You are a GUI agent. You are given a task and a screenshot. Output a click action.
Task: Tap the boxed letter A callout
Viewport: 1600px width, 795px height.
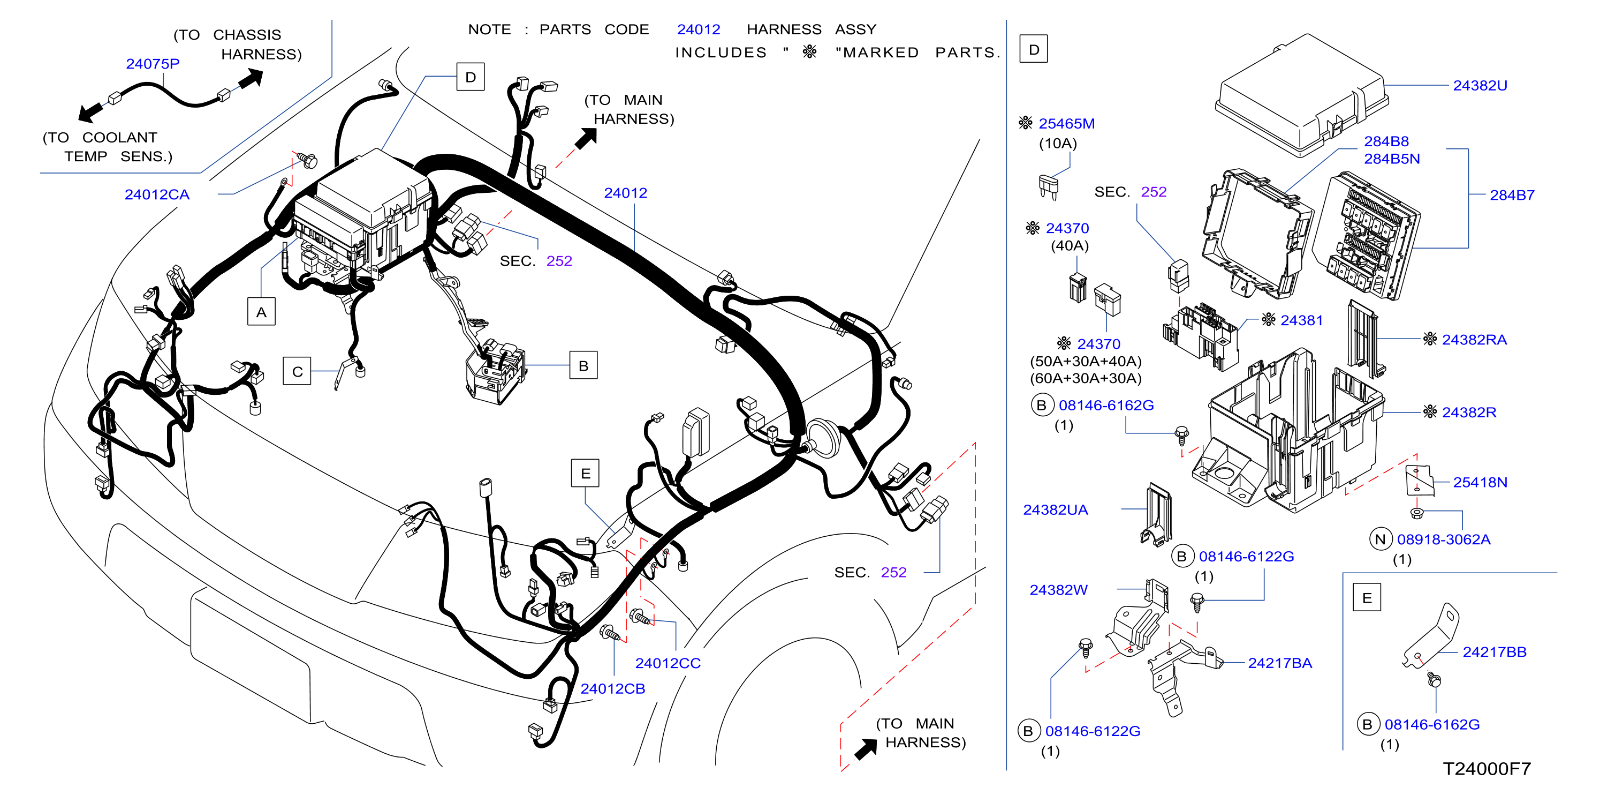(261, 311)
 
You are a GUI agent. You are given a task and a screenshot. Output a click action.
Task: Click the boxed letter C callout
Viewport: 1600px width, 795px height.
(297, 371)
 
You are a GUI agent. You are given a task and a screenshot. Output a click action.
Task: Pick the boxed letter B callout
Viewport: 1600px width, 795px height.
(583, 365)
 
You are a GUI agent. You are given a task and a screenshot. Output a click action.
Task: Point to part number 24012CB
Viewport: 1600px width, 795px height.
(612, 689)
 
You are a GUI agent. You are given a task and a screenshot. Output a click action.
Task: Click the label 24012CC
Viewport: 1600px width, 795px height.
(668, 663)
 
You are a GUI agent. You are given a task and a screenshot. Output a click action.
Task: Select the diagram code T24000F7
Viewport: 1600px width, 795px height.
(1487, 769)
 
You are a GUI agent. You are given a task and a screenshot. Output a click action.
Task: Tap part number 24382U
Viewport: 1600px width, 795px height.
(1480, 86)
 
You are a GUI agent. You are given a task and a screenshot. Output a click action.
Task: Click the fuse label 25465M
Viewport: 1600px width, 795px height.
(1066, 124)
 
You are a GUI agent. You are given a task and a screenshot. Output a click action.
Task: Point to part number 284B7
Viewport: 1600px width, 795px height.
(1512, 195)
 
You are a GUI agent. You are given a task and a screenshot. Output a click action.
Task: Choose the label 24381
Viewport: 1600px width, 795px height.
(1301, 320)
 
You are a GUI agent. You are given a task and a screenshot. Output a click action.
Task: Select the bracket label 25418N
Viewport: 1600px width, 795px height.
(1480, 482)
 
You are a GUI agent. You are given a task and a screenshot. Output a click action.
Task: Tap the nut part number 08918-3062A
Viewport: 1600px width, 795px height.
(1444, 539)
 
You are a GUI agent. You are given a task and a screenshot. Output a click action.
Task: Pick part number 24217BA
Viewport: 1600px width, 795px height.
(1280, 663)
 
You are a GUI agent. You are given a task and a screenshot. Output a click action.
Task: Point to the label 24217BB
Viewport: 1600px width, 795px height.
(1495, 652)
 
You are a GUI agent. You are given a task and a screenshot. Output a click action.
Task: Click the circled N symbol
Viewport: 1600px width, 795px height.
(1380, 539)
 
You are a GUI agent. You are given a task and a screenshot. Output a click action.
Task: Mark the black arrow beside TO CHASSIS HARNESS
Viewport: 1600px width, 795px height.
(251, 79)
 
